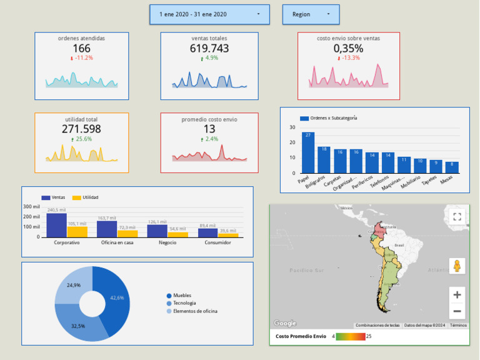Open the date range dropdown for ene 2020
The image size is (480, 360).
(x=209, y=14)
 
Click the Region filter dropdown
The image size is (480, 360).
(x=311, y=14)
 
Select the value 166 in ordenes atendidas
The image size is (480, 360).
(x=81, y=48)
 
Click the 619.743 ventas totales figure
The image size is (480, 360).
(x=209, y=48)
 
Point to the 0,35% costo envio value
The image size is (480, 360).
(x=347, y=48)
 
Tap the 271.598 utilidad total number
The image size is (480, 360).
(x=81, y=129)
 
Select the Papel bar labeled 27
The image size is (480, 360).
(x=308, y=153)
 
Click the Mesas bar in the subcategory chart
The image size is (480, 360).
(x=452, y=167)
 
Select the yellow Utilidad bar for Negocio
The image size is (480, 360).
(x=177, y=234)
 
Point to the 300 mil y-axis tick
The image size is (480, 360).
(x=31, y=206)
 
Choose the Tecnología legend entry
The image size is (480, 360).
(x=184, y=303)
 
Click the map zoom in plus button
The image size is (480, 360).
(x=457, y=295)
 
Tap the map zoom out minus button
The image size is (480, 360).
(x=457, y=311)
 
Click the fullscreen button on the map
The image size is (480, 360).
(x=457, y=217)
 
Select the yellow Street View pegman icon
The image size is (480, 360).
(x=457, y=266)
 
